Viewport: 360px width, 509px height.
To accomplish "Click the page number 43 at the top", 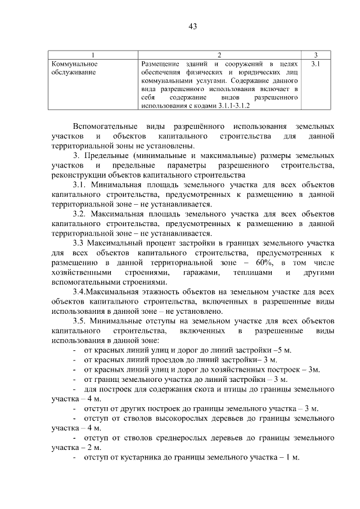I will click(192, 26).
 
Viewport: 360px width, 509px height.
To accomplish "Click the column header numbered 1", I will click(92, 55).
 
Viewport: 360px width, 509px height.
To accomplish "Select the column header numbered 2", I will click(219, 55).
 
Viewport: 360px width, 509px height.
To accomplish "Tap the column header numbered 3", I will click(316, 55).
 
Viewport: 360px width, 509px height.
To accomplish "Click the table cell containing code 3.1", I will click(316, 64).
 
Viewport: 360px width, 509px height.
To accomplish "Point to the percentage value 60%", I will click(259, 262).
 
